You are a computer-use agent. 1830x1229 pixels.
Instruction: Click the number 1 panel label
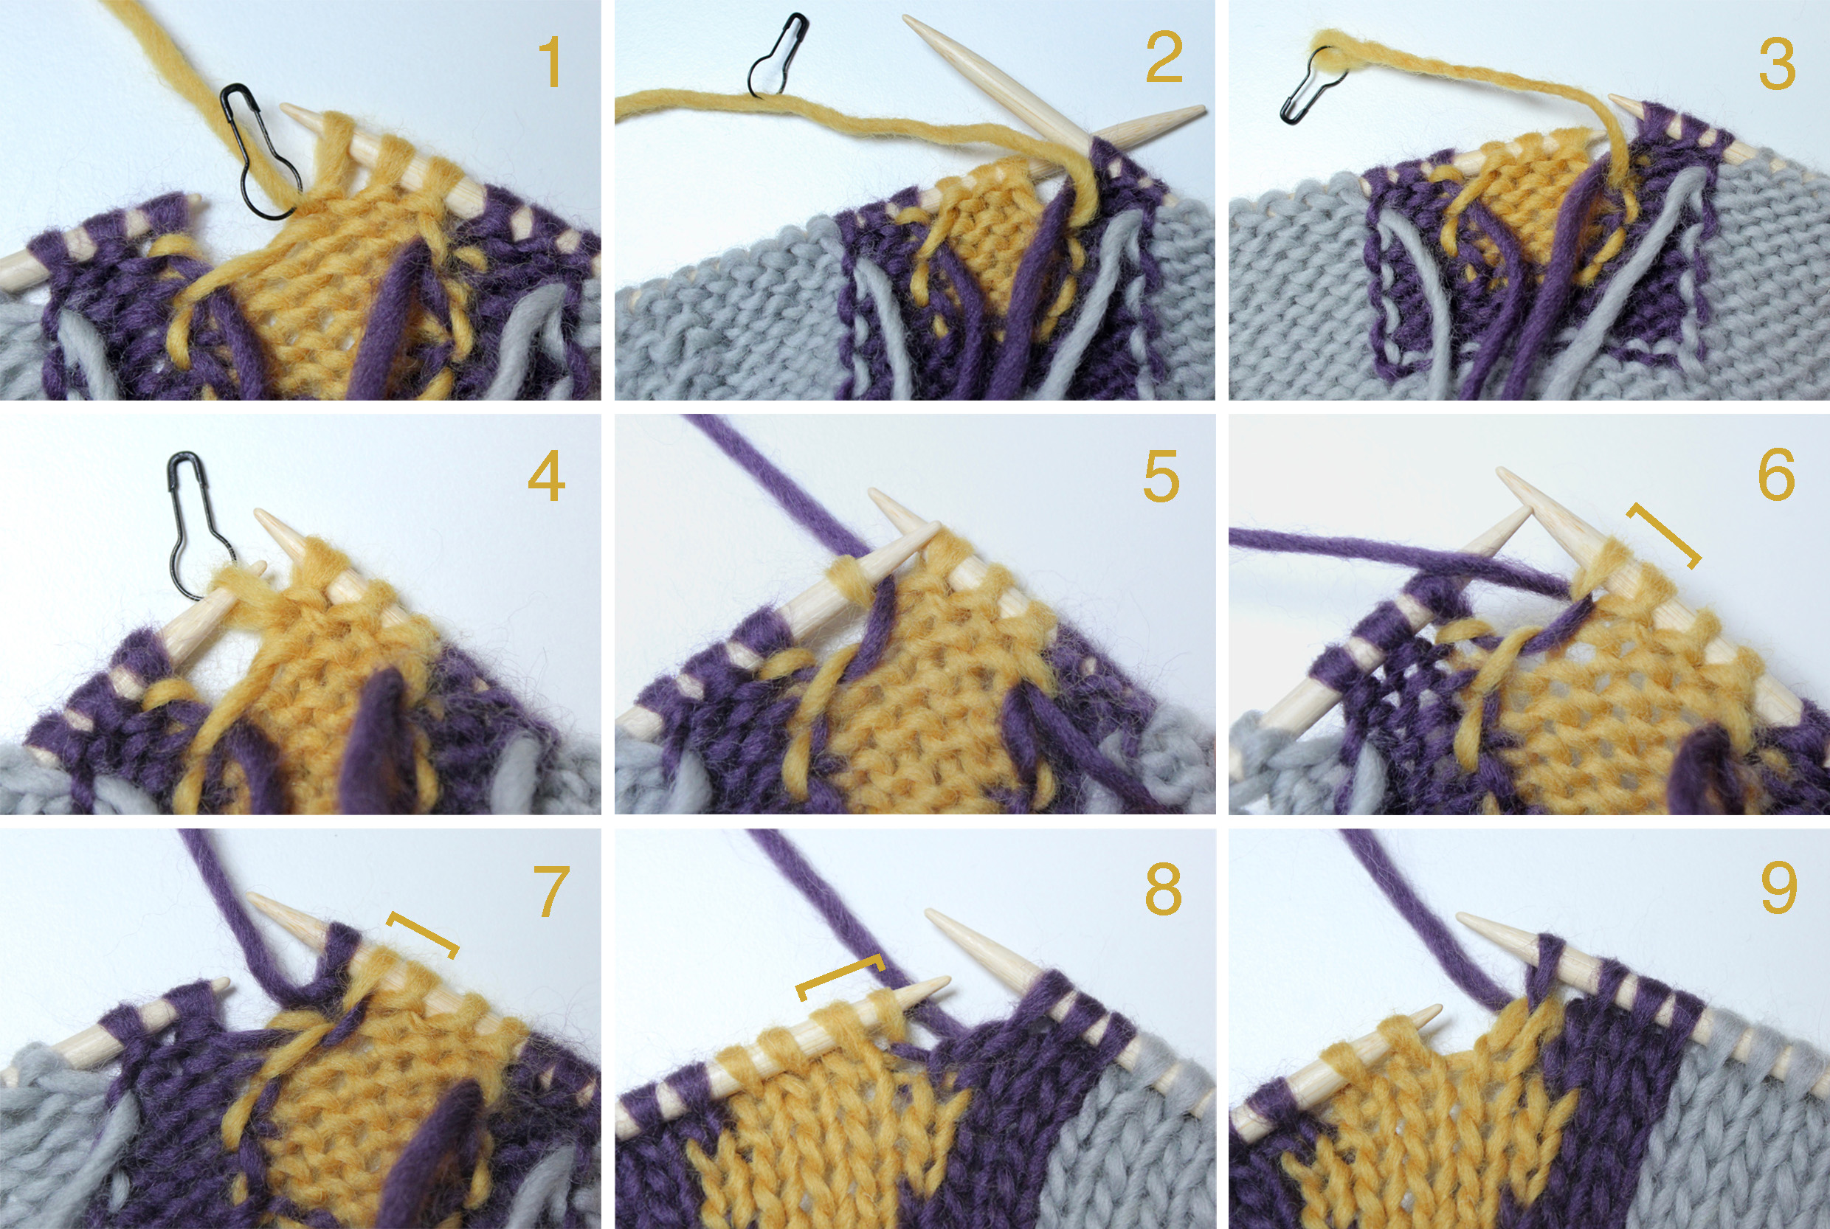click(x=551, y=62)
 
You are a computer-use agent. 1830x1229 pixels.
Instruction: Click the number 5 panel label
click(x=1161, y=476)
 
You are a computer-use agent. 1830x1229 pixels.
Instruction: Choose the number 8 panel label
click(x=1164, y=889)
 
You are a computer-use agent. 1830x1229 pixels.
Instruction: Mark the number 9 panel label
click(x=1778, y=888)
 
